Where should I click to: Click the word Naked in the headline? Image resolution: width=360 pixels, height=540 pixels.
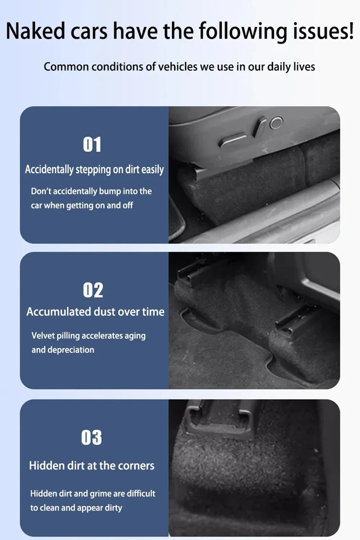(35, 31)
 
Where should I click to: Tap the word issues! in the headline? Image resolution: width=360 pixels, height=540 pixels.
(323, 31)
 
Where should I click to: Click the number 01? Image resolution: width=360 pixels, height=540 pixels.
(92, 144)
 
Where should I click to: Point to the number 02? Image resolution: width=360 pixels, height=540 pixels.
(93, 290)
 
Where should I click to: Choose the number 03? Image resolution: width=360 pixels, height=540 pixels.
(92, 437)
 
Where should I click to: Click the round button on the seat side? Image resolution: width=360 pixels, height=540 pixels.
(276, 123)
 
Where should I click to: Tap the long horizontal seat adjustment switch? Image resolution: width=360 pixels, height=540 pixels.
(233, 140)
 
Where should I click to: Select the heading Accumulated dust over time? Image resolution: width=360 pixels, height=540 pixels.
(95, 312)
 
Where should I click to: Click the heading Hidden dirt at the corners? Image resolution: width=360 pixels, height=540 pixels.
(92, 465)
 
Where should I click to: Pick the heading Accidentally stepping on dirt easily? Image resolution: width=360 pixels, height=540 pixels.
(94, 170)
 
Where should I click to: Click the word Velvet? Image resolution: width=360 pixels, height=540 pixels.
(43, 336)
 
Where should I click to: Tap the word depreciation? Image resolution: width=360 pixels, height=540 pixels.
(71, 350)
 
